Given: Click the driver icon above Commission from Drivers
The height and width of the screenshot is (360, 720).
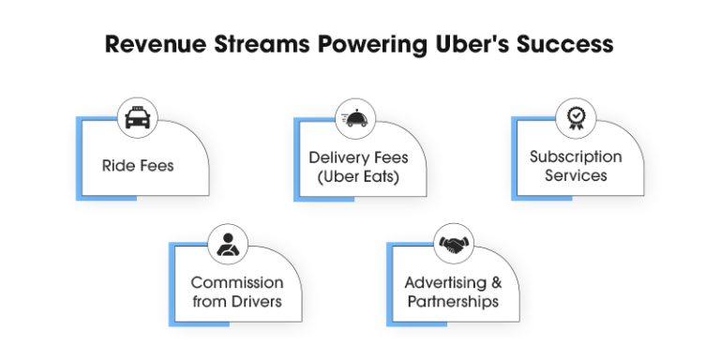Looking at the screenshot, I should click(x=227, y=247).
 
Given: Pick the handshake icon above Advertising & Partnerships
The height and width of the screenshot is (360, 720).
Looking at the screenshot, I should click(x=456, y=246).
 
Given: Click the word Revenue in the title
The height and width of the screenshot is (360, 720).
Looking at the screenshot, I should click(x=156, y=44).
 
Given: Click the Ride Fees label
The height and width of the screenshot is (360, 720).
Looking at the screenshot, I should click(x=138, y=167).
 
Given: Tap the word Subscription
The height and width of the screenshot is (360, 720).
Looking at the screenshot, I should click(x=576, y=157).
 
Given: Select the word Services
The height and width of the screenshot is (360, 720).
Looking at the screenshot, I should click(x=576, y=175).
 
